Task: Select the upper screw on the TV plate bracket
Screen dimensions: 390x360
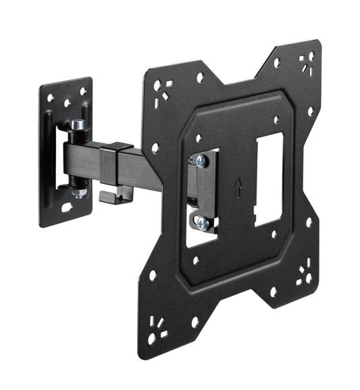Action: point(200,160)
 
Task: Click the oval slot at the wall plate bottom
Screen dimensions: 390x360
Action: point(68,208)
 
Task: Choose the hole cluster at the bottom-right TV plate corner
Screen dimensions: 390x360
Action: point(304,275)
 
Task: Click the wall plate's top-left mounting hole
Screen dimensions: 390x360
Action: point(51,98)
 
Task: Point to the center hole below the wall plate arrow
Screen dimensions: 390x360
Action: point(66,103)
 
